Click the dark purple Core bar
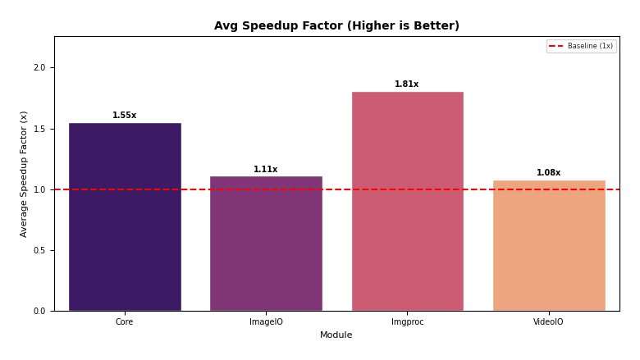[x=125, y=217]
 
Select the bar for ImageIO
[x=266, y=244]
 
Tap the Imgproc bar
[x=408, y=201]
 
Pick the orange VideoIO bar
[x=549, y=245]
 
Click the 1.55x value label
[x=125, y=116]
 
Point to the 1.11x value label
[x=266, y=170]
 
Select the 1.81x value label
[x=407, y=84]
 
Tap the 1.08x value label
[x=549, y=173]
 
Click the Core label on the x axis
[x=125, y=322]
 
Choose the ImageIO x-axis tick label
[x=266, y=322]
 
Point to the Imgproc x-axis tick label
[x=408, y=322]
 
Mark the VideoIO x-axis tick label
[x=549, y=322]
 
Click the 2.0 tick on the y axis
[x=39, y=68]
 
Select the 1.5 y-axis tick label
[x=39, y=129]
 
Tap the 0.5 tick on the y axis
[x=39, y=250]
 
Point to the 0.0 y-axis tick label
[x=39, y=311]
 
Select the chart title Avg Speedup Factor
[x=336, y=26]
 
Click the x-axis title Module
[x=336, y=335]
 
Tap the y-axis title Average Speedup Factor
[x=25, y=174]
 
